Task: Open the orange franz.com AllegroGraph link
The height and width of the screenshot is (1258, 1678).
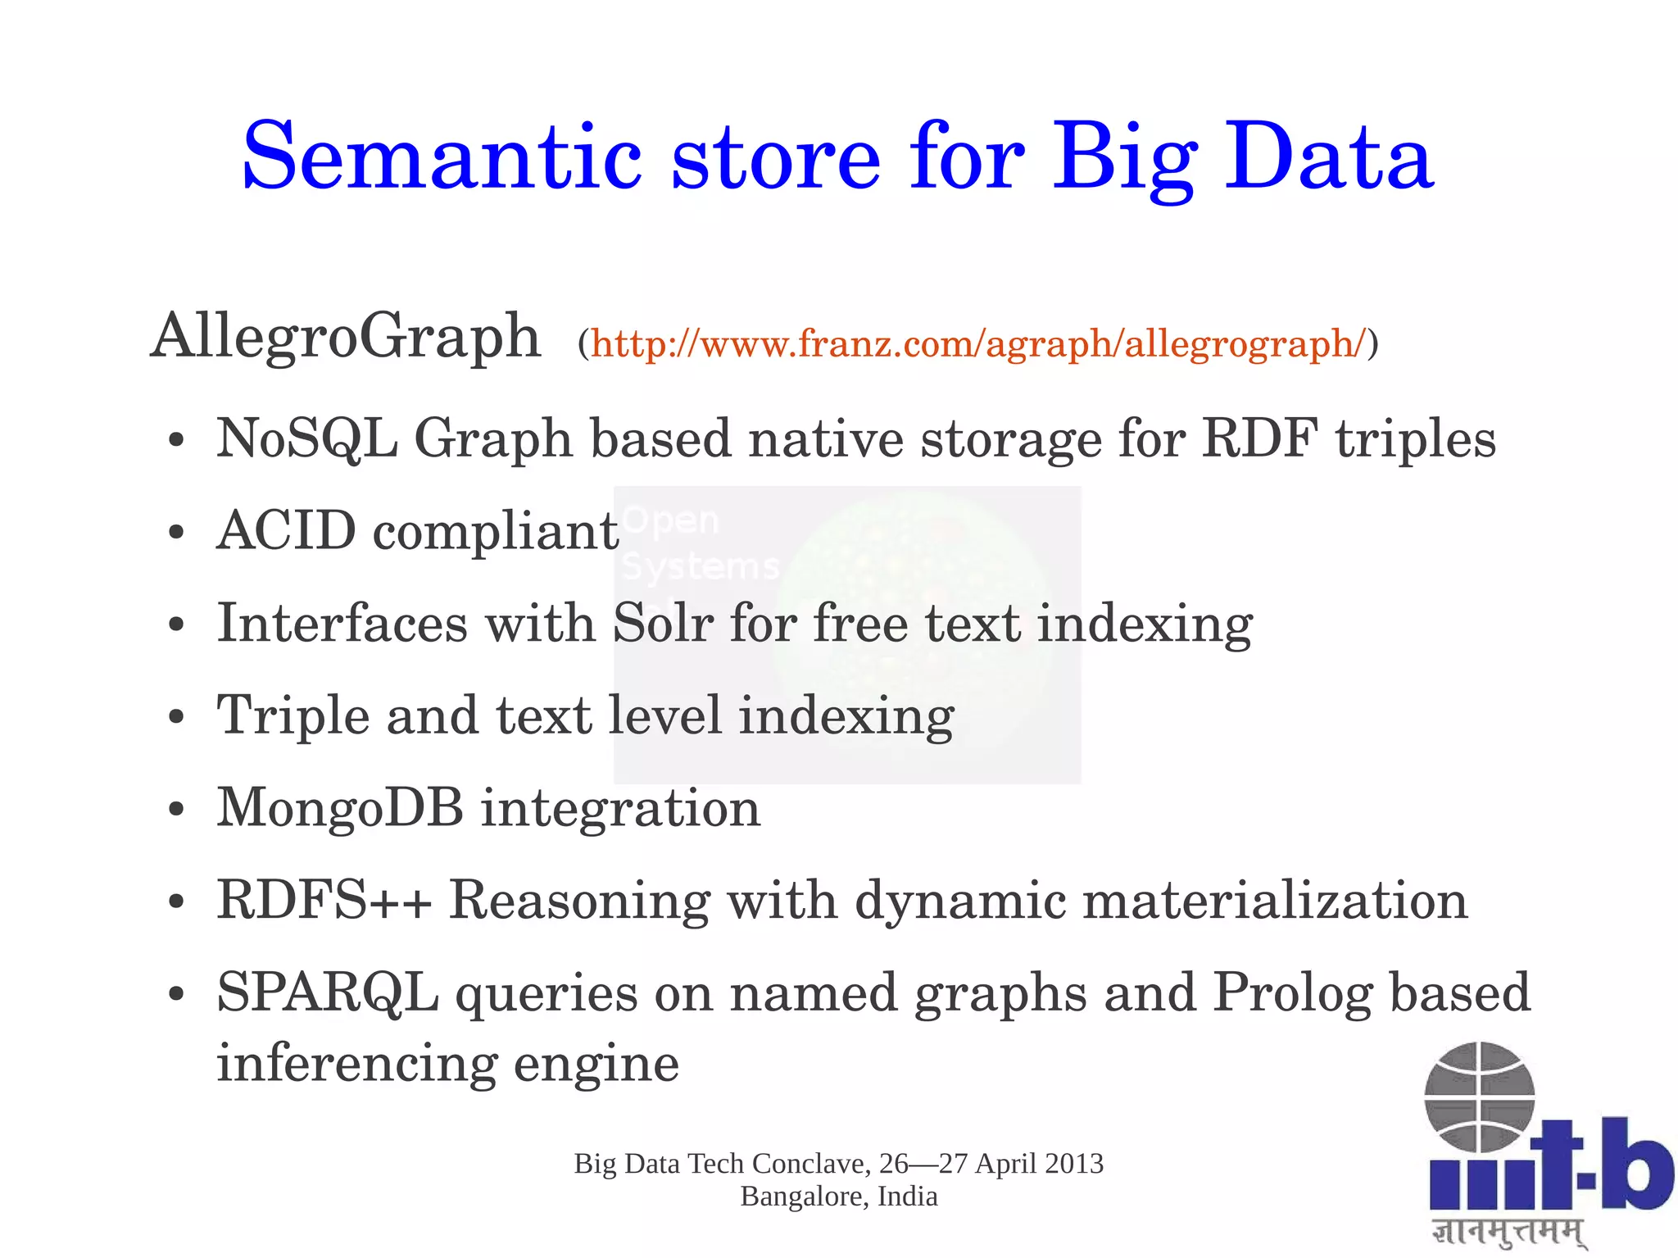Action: pos(978,343)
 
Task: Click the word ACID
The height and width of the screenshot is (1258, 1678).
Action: pos(287,530)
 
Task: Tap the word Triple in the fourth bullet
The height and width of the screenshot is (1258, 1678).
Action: pos(293,716)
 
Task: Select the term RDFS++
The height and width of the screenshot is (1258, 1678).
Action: pos(324,900)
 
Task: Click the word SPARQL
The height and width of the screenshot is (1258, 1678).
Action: pos(327,992)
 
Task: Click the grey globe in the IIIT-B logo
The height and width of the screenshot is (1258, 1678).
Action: pos(1479,1097)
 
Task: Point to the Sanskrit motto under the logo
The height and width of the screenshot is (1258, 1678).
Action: pos(1508,1233)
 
